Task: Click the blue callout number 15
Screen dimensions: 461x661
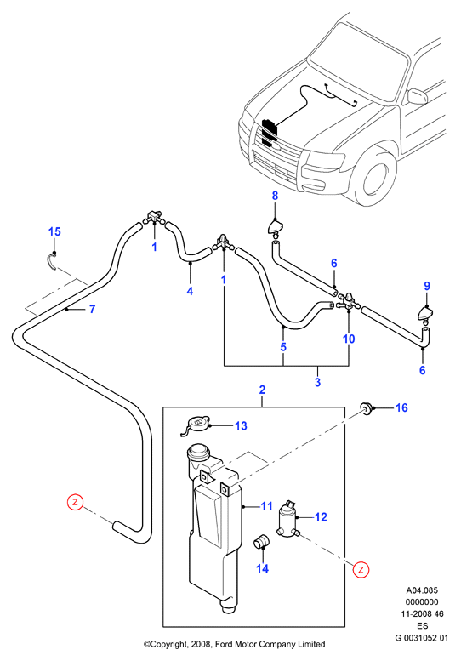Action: click(x=54, y=231)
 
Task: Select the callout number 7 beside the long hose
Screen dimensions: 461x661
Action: click(x=92, y=309)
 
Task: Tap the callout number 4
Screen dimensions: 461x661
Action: click(x=190, y=291)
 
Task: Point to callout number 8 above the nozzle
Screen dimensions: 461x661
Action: click(x=275, y=196)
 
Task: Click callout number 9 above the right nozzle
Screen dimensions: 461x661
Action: click(x=427, y=286)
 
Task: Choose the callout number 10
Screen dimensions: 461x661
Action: click(x=349, y=339)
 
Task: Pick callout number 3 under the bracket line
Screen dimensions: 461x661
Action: click(x=317, y=382)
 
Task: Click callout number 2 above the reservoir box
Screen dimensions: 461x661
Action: click(x=262, y=390)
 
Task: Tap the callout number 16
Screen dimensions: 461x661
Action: click(x=401, y=407)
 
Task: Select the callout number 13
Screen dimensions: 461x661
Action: click(x=241, y=425)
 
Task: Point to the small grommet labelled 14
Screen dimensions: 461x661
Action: click(x=260, y=541)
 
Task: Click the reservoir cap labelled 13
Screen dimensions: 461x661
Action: click(x=195, y=425)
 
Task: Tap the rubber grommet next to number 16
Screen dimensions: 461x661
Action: click(x=365, y=408)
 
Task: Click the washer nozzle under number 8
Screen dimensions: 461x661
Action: click(x=275, y=228)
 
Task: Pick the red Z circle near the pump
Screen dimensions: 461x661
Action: click(x=361, y=569)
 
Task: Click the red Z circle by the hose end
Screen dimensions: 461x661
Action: click(x=76, y=502)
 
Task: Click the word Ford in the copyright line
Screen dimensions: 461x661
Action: click(x=225, y=644)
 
